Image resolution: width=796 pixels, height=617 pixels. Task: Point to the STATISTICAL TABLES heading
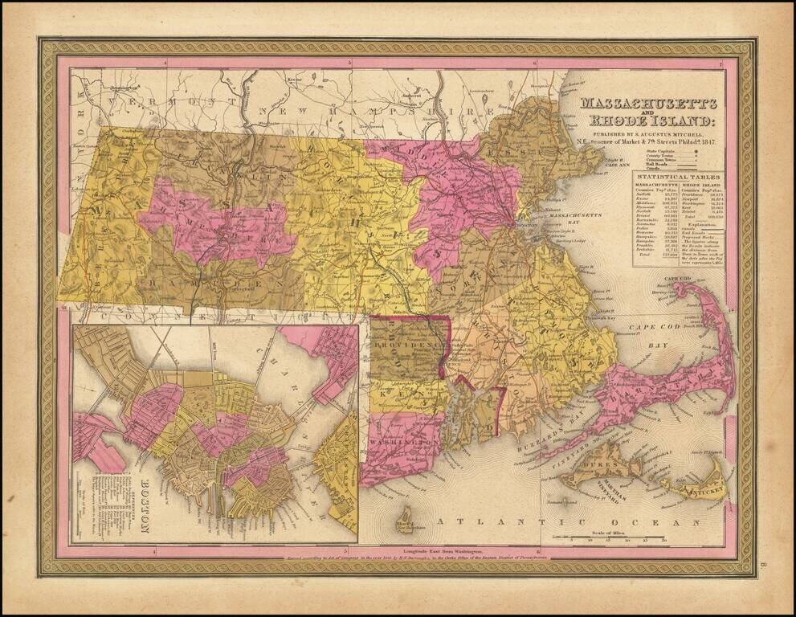coord(678,176)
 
